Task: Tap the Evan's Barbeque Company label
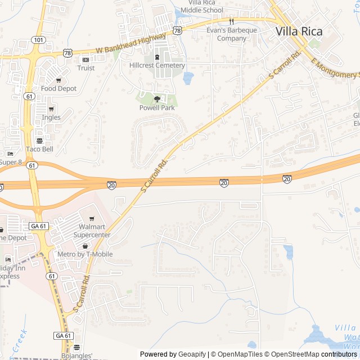tap(232, 34)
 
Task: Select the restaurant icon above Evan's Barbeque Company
tap(231, 21)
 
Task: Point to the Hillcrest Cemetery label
tap(157, 65)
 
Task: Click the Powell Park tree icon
tap(157, 98)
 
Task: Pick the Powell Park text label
tap(157, 107)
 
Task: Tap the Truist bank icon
tap(85, 60)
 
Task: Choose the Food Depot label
tap(58, 89)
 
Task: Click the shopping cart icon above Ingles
tap(51, 109)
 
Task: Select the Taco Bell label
tap(39, 149)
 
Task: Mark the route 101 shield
tap(38, 40)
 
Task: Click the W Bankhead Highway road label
tap(130, 43)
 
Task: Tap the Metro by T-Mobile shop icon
tap(85, 246)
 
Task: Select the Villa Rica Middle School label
tap(202, 7)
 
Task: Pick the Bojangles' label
tap(77, 356)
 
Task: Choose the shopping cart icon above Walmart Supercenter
tap(92, 219)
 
